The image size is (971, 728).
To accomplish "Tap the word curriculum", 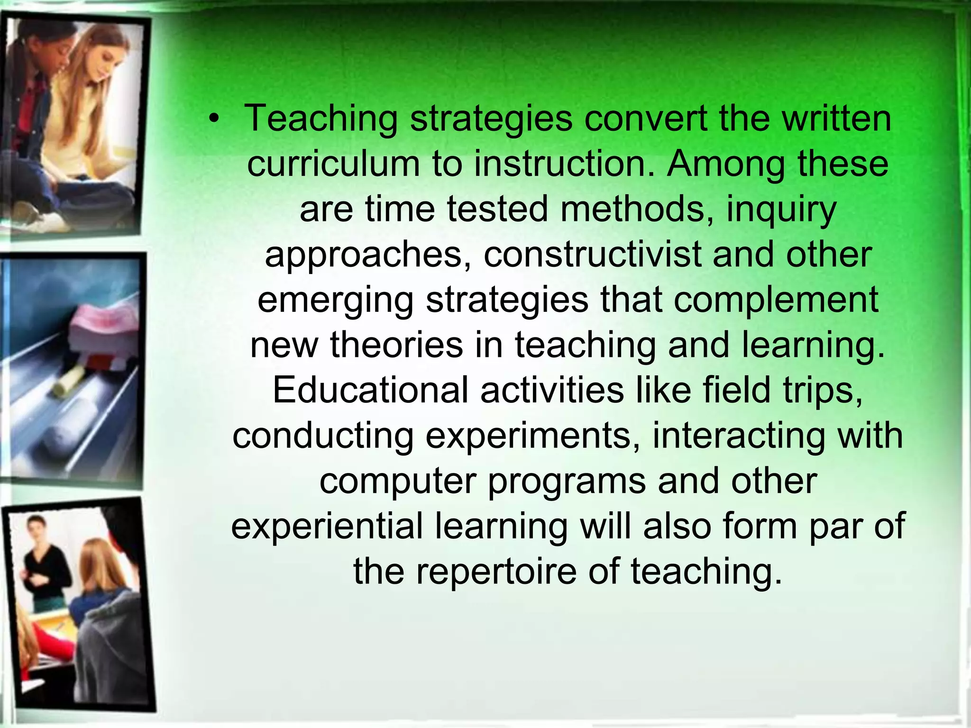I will coord(333,164).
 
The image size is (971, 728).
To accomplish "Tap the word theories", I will coord(396,345).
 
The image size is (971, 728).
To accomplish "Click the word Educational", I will coord(370,390).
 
